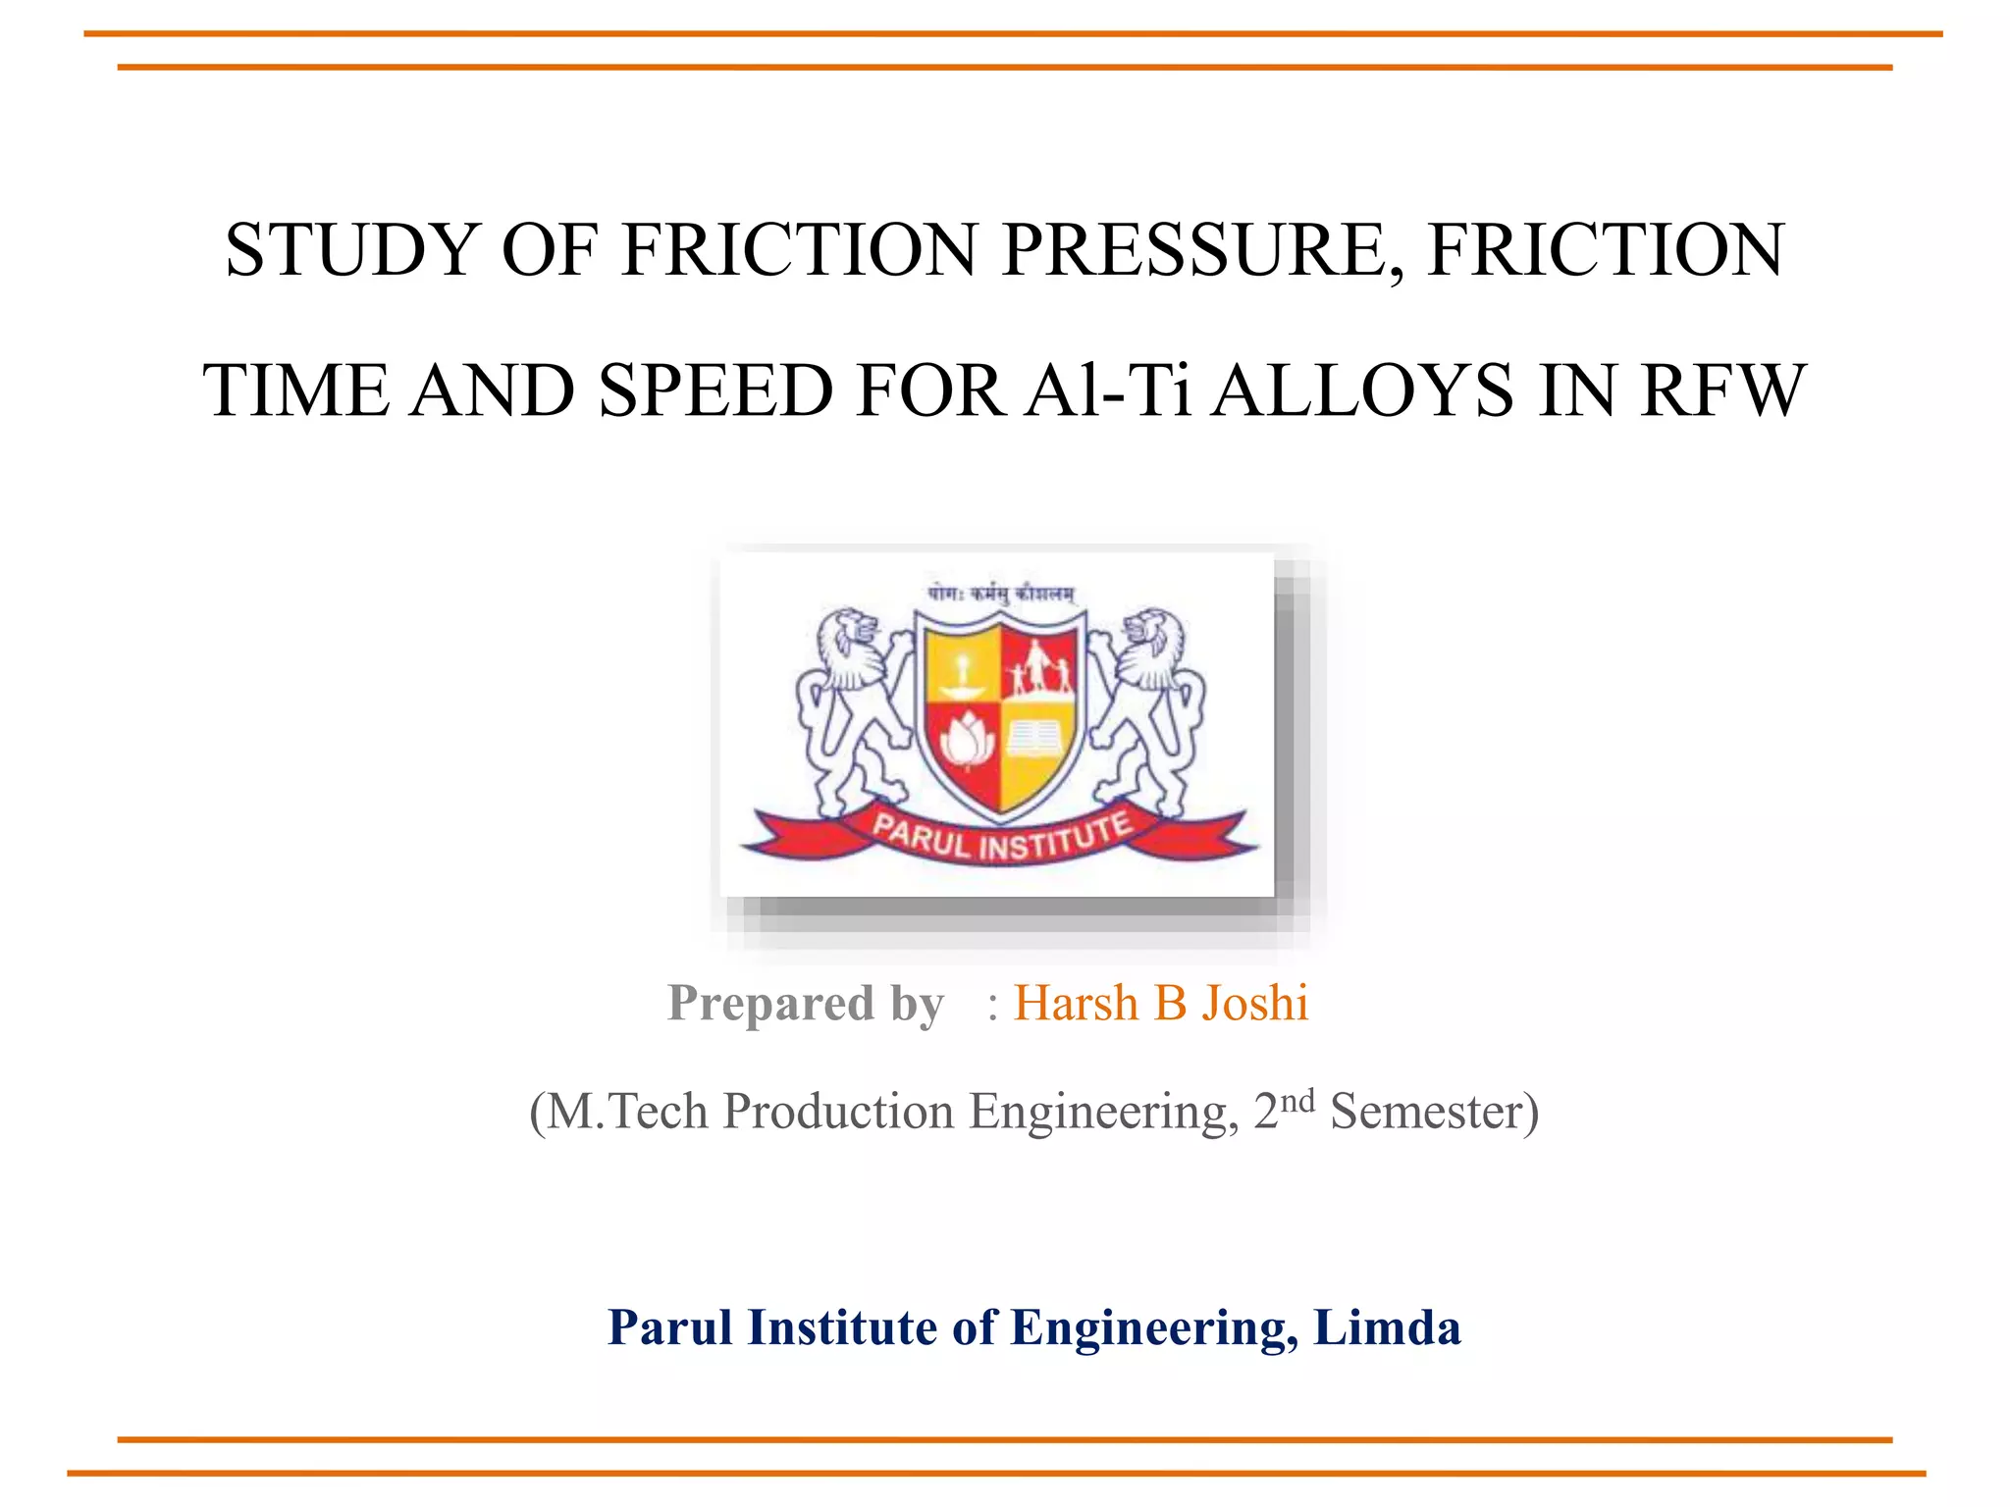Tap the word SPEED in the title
(x=715, y=391)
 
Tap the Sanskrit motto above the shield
(x=1000, y=594)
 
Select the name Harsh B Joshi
(x=1161, y=1004)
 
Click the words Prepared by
(x=806, y=1004)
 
